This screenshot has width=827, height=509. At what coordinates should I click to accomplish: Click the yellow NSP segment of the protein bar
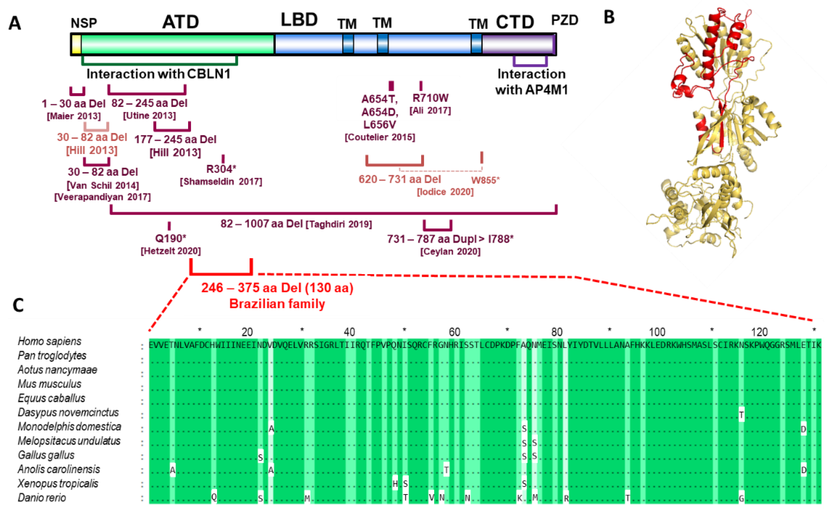tap(76, 44)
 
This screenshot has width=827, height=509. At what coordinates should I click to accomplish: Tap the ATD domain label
tap(180, 22)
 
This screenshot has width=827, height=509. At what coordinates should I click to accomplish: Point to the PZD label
tap(564, 20)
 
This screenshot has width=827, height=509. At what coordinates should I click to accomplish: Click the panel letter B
tap(609, 17)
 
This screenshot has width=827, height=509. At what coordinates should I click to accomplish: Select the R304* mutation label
tap(221, 169)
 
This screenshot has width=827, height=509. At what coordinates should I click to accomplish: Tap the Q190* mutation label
tap(170, 238)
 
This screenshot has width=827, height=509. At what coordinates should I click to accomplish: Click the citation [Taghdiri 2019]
tap(339, 224)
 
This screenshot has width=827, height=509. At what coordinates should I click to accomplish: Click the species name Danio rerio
tap(42, 497)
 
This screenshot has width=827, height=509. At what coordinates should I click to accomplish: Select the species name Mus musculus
tap(49, 384)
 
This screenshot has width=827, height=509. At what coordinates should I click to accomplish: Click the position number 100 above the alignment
tap(657, 332)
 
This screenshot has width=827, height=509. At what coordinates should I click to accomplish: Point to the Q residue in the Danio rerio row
tap(214, 497)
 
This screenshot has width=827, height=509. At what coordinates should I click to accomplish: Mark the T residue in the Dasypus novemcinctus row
tap(741, 414)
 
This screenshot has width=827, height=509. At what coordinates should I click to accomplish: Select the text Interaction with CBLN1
tap(158, 74)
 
